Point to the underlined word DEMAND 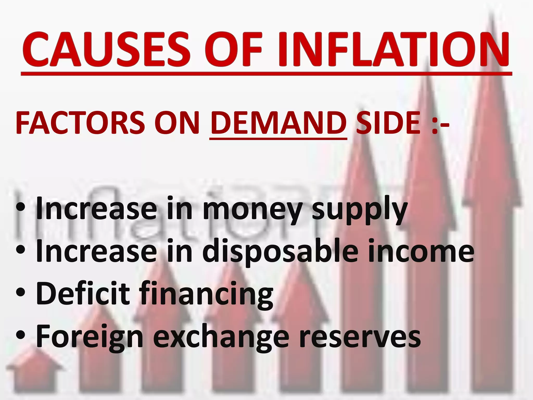coord(278,122)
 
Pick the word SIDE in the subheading coord(388,122)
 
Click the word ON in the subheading coord(177,122)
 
